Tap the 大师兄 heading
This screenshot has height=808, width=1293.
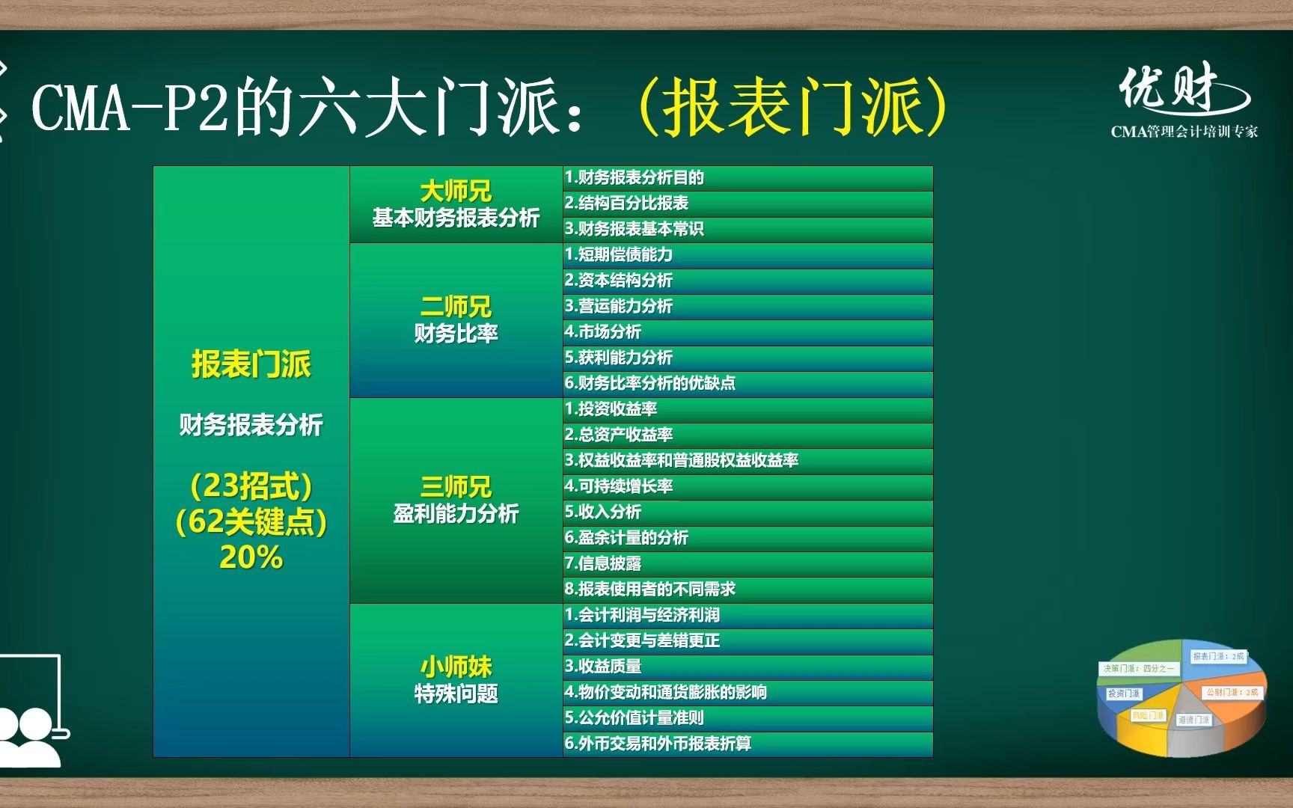(456, 192)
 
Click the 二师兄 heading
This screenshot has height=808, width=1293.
(456, 307)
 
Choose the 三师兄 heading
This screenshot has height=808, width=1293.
(456, 487)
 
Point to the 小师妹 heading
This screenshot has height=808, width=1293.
(456, 667)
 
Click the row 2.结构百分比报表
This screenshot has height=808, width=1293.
(627, 203)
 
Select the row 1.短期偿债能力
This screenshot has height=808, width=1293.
(619, 254)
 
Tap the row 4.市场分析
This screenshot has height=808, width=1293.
(603, 331)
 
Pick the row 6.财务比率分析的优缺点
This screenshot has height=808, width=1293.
(650, 383)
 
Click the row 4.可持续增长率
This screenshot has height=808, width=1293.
(619, 486)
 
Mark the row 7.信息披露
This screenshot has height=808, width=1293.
(603, 563)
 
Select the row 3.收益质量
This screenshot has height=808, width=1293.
(603, 666)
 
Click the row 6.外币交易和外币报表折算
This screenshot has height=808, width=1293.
(658, 744)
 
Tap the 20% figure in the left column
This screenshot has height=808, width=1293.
(251, 557)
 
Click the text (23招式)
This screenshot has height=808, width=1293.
(251, 486)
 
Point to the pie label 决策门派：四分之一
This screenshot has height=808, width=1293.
(1138, 668)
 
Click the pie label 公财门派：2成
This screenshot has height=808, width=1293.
(1232, 692)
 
